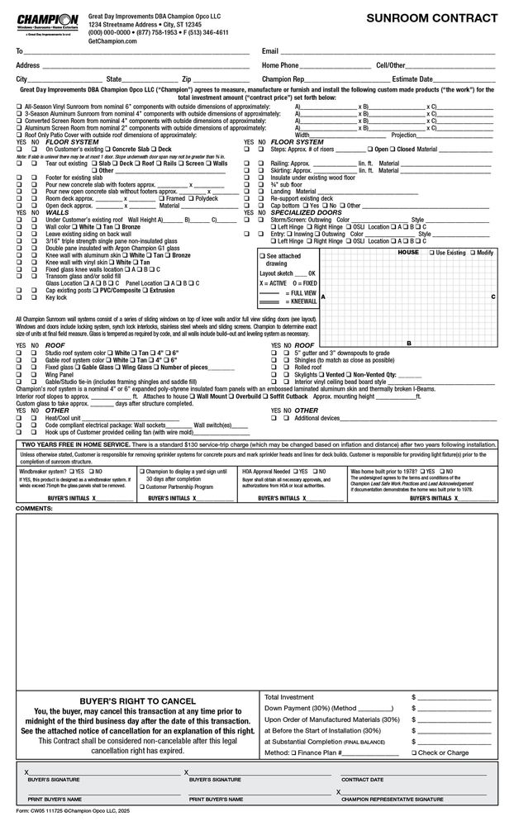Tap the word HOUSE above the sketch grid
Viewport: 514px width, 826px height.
click(408, 251)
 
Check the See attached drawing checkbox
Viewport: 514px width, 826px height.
click(262, 257)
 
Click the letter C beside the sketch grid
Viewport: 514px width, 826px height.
click(493, 296)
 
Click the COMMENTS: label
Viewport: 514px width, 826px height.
click(35, 507)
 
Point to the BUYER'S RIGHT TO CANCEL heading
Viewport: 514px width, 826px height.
click(136, 697)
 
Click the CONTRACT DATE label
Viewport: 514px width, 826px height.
click(362, 779)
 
